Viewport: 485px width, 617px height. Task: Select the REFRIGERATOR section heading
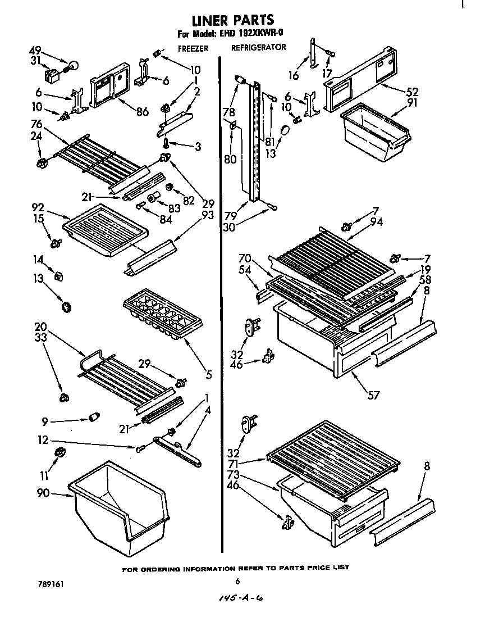258,48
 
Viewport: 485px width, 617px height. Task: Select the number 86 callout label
142,112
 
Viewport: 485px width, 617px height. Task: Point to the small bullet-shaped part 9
94,418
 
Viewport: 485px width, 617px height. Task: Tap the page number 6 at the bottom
237,582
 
